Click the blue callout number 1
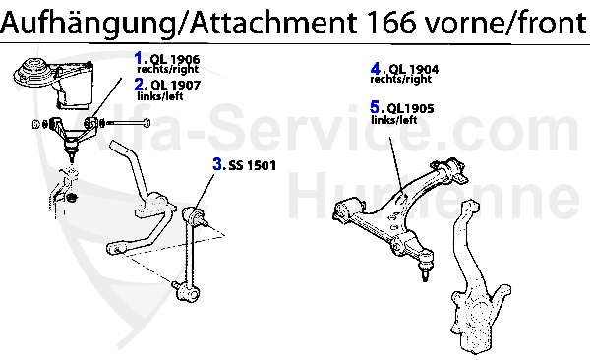click(x=140, y=58)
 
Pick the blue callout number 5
click(x=376, y=106)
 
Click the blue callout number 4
click(x=376, y=68)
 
